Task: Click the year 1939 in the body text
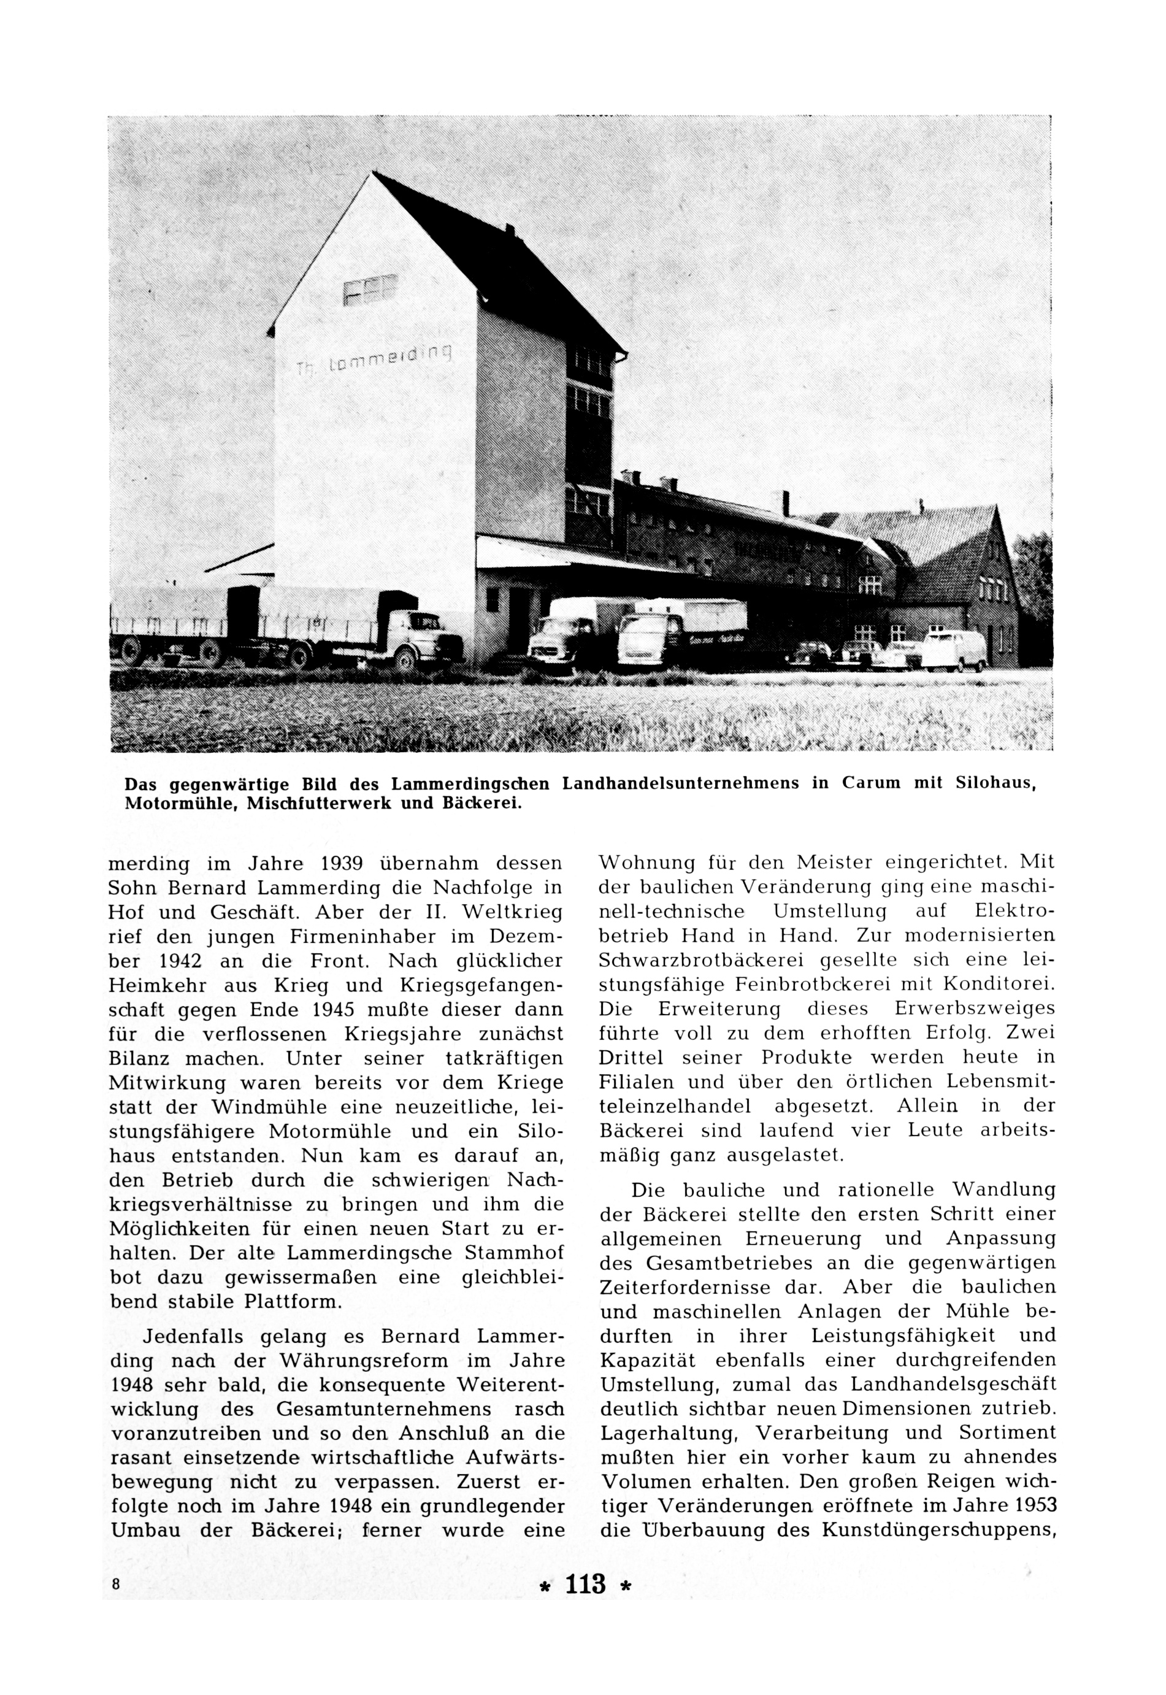click(342, 864)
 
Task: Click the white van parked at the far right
click(953, 651)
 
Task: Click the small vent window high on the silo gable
click(370, 290)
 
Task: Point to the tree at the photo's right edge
click(1035, 577)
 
